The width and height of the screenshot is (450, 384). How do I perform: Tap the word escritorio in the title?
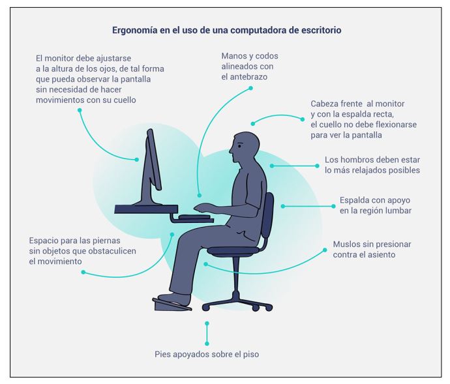point(319,30)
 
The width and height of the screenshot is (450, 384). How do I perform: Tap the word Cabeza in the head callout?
point(326,104)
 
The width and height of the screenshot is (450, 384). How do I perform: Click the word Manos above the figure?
point(235,55)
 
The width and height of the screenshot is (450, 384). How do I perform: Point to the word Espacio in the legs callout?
point(46,240)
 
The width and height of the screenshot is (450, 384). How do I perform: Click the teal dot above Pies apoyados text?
point(207,323)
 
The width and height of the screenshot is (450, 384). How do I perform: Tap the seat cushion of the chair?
point(235,249)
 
